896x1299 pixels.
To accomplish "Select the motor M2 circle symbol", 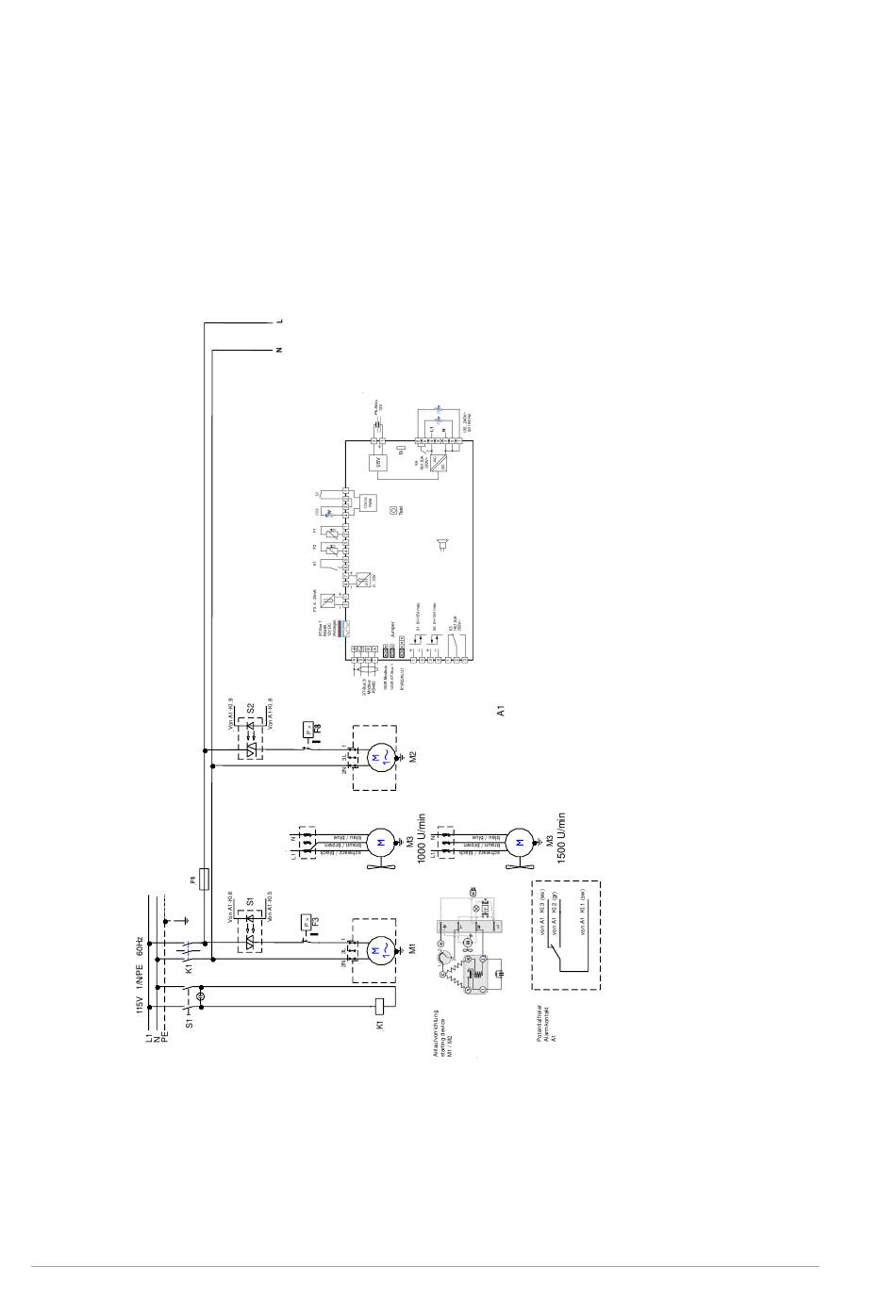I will pyautogui.click(x=379, y=757).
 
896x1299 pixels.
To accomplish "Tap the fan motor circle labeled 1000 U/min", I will pyautogui.click(x=380, y=841).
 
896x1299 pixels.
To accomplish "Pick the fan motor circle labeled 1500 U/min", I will pyautogui.click(x=519, y=841).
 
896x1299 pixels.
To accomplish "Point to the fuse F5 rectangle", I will pyautogui.click(x=204, y=880).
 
